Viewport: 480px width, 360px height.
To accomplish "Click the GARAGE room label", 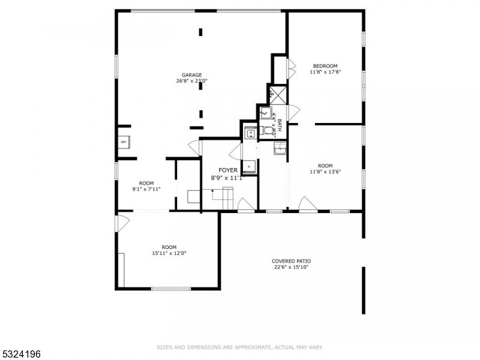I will point(192,75).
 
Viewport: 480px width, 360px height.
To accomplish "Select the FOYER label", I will point(227,170).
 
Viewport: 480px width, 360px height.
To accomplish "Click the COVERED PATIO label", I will point(291,261).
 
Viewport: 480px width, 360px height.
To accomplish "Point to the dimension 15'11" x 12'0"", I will point(169,253).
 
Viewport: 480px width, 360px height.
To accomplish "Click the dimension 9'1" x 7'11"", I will point(146,190).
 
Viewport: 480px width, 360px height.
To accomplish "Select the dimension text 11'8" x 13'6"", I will point(325,172).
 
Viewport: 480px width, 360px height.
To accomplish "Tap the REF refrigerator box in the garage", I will point(124,142).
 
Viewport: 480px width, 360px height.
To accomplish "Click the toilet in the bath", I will point(268,130).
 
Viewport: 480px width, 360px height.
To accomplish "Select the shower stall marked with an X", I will point(277,94).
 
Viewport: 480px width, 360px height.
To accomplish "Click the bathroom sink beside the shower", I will point(265,112).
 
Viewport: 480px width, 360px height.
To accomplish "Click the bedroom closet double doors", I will point(292,69).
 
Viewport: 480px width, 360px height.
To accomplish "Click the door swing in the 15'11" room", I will point(122,224).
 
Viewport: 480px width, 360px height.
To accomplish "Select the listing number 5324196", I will point(22,354).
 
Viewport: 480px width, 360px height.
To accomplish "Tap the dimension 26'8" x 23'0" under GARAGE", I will point(192,81).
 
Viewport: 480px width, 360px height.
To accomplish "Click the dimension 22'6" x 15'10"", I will point(291,268).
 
